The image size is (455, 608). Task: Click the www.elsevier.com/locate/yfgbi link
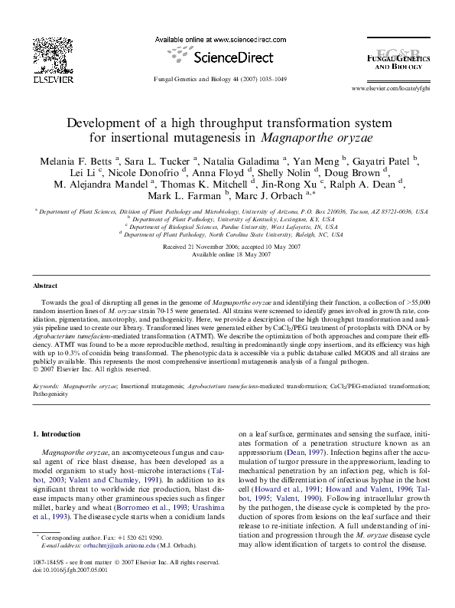click(390, 90)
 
